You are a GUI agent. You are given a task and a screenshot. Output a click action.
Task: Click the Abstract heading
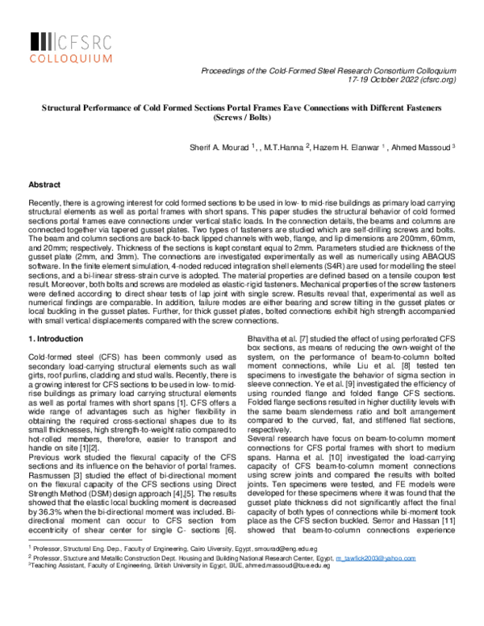point(44,185)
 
